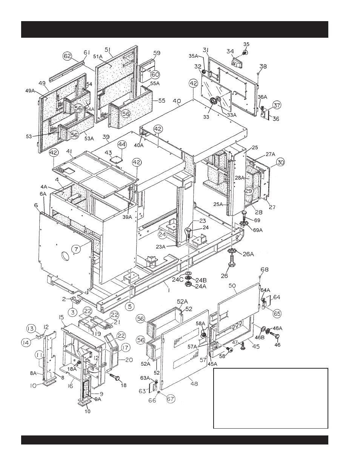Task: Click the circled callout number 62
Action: [67, 56]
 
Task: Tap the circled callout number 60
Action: [155, 74]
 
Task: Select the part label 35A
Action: [194, 56]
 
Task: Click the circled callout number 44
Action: [122, 145]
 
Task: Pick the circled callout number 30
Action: [280, 162]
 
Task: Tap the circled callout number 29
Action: [249, 191]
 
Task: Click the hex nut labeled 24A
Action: [188, 284]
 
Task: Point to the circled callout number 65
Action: [277, 314]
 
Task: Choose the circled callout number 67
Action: [171, 399]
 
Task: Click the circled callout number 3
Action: [73, 312]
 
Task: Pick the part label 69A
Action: [257, 230]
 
